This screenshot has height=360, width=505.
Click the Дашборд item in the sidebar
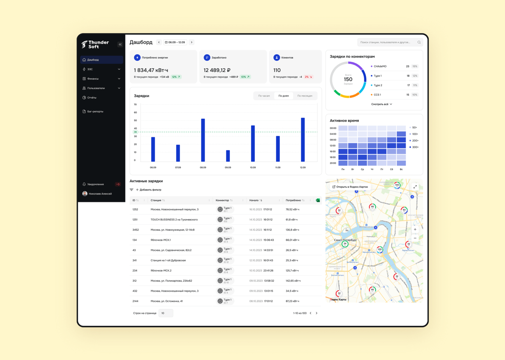tap(93, 60)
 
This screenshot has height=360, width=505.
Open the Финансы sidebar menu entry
tap(93, 79)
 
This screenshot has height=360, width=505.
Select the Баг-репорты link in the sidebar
tap(95, 112)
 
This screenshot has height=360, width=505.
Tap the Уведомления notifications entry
tap(95, 184)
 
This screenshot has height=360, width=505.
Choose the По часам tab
tap(264, 96)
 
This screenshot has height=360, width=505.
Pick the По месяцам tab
tap(305, 96)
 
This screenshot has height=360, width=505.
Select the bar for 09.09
tap(228, 156)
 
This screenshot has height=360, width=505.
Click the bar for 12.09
tap(303, 139)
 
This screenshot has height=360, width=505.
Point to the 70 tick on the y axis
tap(135, 104)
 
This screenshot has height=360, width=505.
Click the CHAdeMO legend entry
tap(380, 66)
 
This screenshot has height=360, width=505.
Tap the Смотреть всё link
tap(381, 104)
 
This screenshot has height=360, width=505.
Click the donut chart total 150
tap(348, 80)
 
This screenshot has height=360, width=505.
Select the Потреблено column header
tap(293, 200)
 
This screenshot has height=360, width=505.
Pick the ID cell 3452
tap(136, 230)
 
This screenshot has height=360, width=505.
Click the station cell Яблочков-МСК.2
tap(161, 270)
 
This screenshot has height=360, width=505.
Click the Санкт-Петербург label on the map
tap(345, 240)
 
